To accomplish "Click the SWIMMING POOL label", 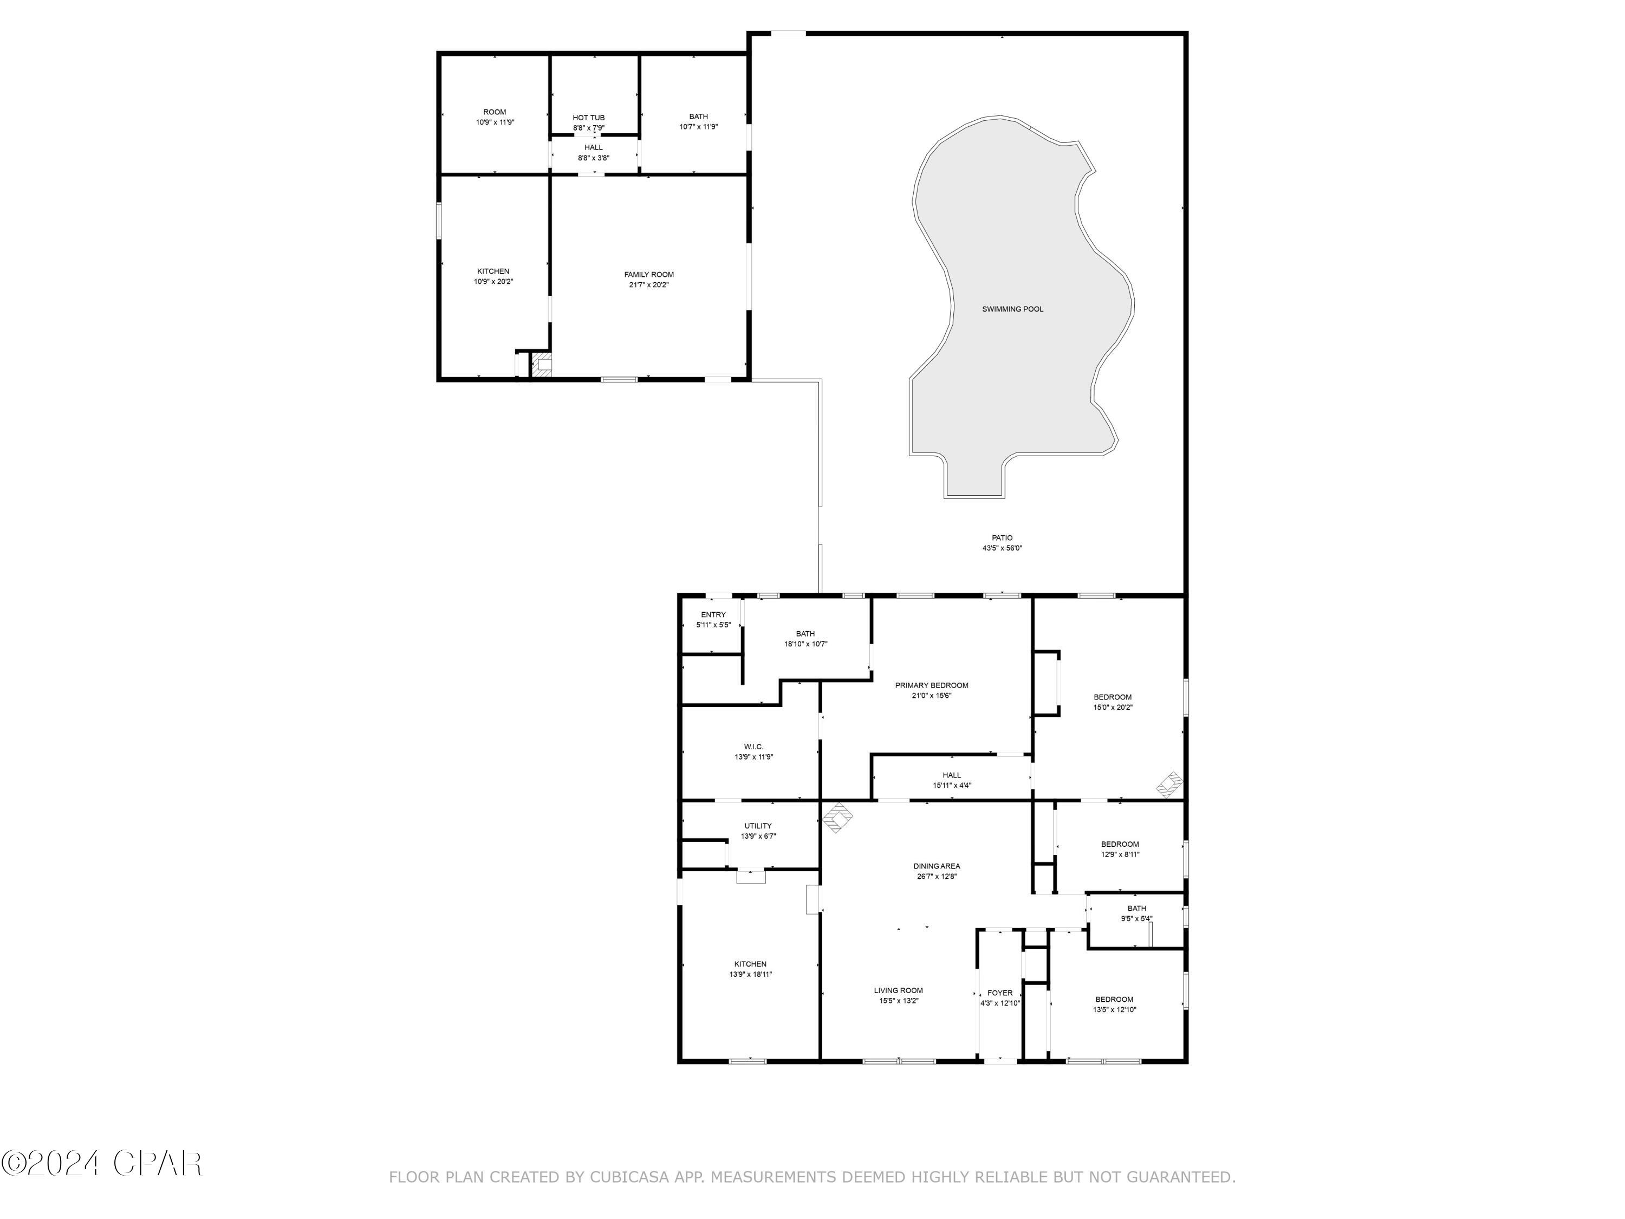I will coord(1012,309).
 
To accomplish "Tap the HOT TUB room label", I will coord(588,118).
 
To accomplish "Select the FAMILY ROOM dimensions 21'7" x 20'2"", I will coord(649,285).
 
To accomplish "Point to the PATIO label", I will coord(1002,538).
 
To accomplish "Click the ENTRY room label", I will coord(713,615).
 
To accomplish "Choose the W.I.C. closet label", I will coord(754,747).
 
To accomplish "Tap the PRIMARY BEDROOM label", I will coord(932,685).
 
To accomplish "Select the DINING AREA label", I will coord(937,866).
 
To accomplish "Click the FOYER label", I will coord(1000,993).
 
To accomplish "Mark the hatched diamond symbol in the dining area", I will coord(837,818).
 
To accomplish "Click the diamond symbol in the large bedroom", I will coord(1169,784).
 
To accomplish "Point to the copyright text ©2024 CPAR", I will coord(101,1163).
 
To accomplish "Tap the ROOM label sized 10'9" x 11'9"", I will coord(495,113).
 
